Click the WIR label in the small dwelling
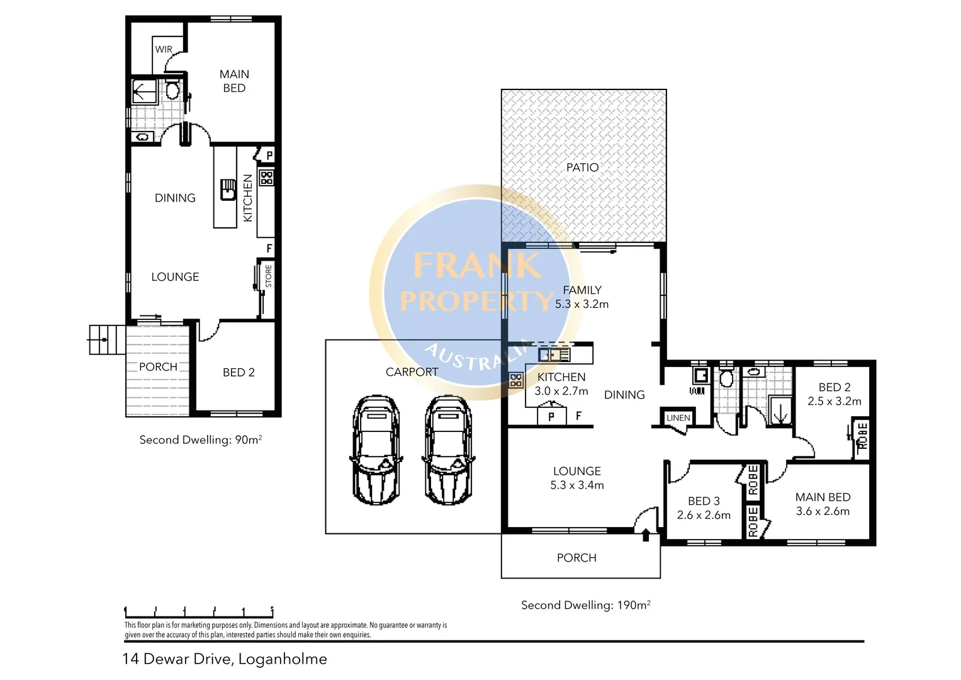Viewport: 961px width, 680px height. (x=164, y=49)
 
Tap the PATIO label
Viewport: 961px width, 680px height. (x=582, y=167)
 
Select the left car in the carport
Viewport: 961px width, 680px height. (x=376, y=450)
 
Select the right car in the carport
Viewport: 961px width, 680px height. (x=448, y=450)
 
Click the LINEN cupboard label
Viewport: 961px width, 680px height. (x=678, y=417)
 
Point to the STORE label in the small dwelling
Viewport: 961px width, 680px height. (x=269, y=276)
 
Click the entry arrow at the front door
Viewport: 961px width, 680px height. (x=646, y=535)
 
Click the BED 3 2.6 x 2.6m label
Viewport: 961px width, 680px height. (x=704, y=508)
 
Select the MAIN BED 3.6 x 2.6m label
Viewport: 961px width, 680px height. (x=823, y=504)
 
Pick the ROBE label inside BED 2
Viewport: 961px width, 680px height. (x=862, y=436)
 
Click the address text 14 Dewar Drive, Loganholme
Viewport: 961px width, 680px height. (x=225, y=659)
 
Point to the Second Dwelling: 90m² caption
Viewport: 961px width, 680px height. (x=200, y=439)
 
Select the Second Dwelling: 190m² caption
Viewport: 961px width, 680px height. (x=585, y=605)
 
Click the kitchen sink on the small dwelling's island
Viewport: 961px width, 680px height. (x=227, y=188)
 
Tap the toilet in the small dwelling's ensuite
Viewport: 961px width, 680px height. (x=172, y=91)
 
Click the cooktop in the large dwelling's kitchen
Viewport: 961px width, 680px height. (x=516, y=380)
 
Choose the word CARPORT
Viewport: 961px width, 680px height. (x=412, y=372)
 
